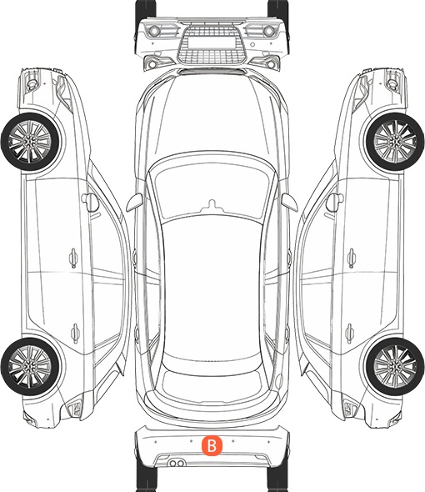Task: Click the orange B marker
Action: click(212, 445)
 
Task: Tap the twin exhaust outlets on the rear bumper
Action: click(177, 463)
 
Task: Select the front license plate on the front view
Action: click(212, 42)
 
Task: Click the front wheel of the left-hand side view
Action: click(30, 142)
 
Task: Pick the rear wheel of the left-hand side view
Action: click(30, 366)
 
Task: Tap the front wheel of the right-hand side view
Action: click(395, 142)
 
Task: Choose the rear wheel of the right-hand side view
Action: click(395, 366)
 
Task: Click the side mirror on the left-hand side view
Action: click(90, 202)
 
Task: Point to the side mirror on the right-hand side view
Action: click(335, 202)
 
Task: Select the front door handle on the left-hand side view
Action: click(73, 258)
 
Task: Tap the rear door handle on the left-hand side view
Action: click(75, 333)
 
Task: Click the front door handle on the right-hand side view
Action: click(352, 258)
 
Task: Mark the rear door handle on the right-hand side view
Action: click(350, 333)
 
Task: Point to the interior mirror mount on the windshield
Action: click(212, 206)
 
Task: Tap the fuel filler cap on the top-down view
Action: click(279, 380)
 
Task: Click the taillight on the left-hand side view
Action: click(75, 408)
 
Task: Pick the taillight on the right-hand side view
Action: click(350, 408)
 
